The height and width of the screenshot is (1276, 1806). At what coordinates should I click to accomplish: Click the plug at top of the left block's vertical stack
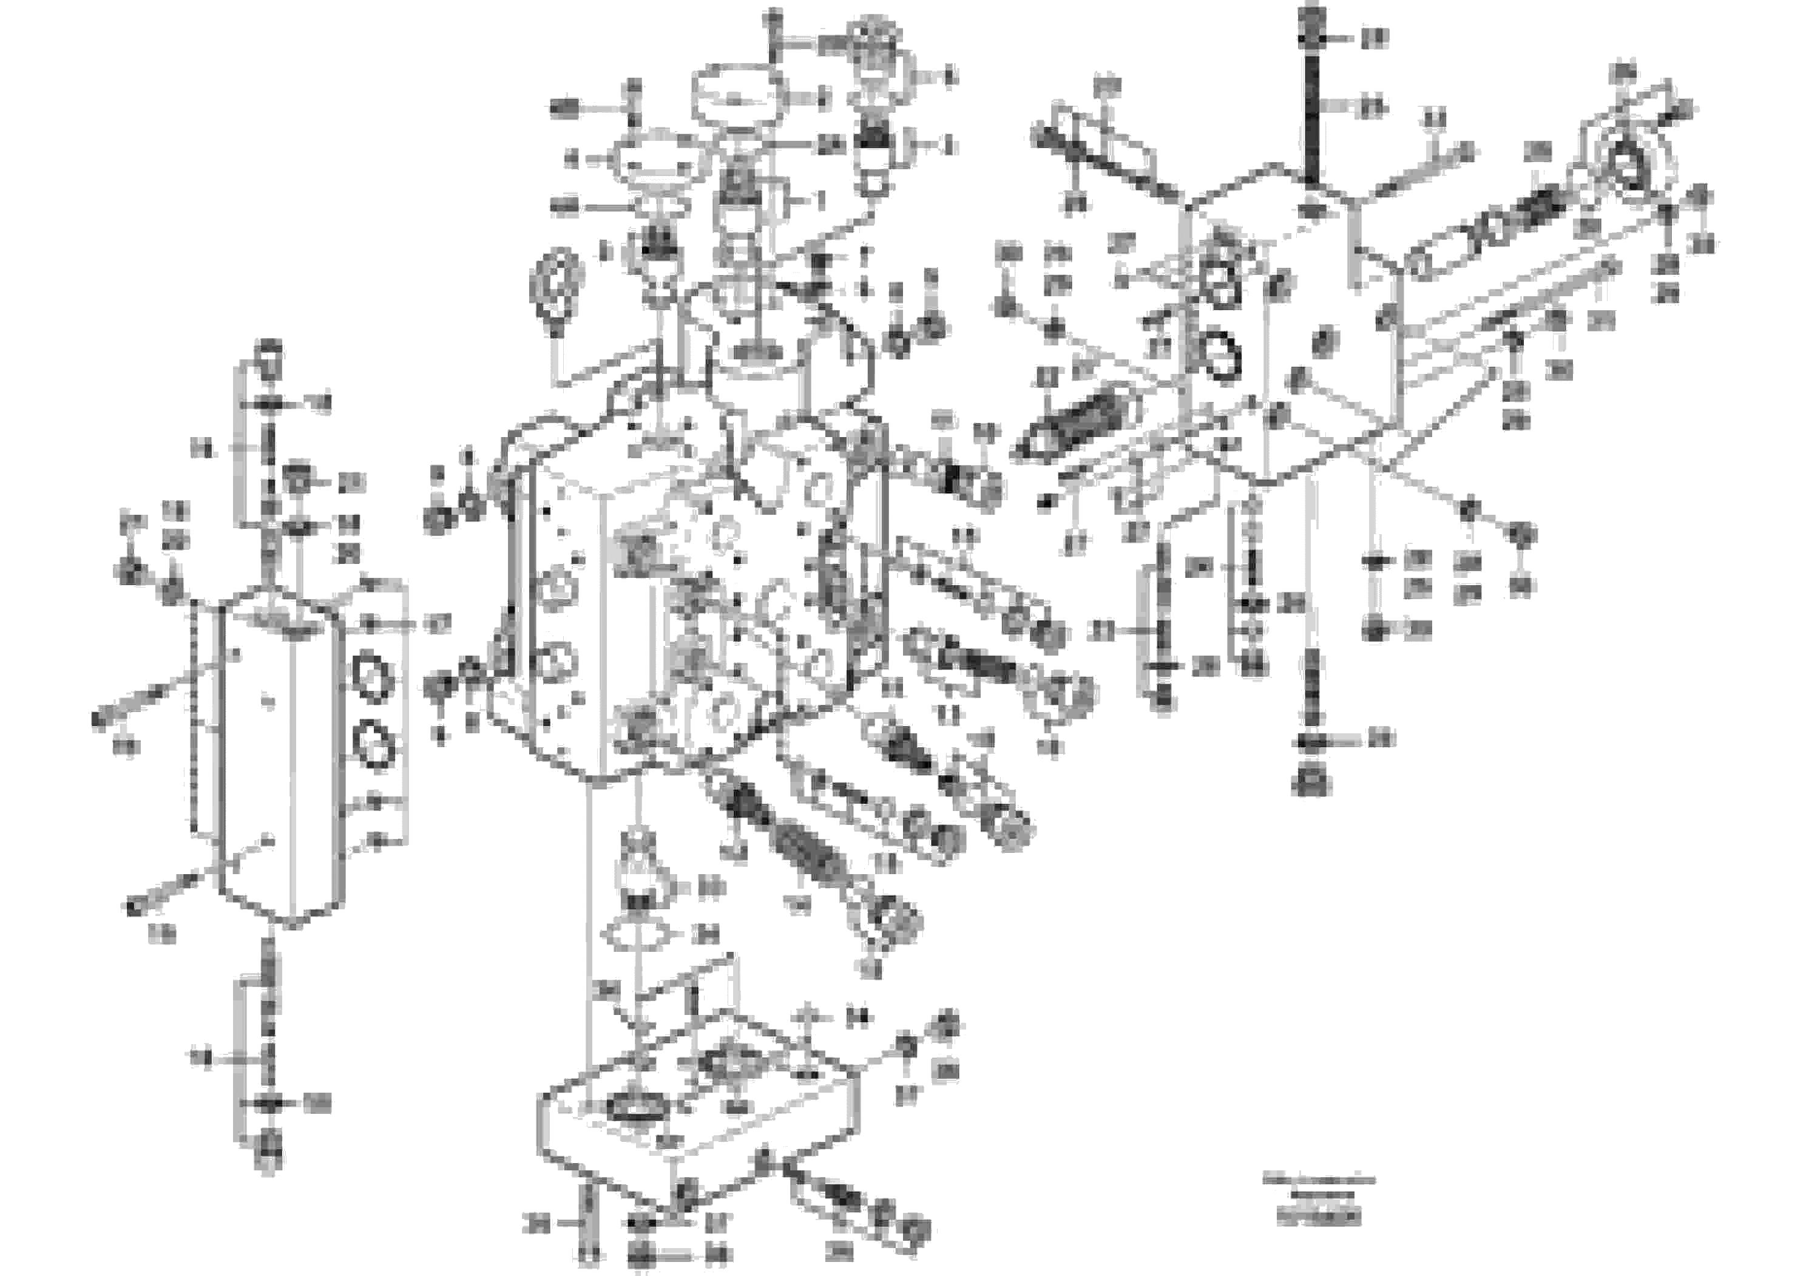268,356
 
